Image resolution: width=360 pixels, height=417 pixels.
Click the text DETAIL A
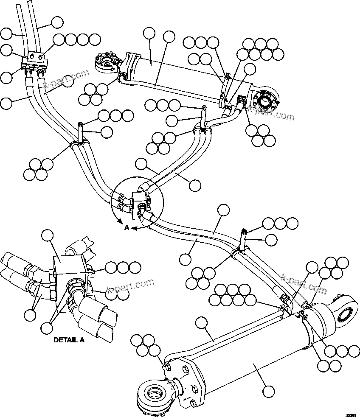point(69,339)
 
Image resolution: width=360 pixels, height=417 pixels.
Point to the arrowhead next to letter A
point(133,228)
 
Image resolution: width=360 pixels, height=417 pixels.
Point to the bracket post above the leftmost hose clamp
point(81,130)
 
